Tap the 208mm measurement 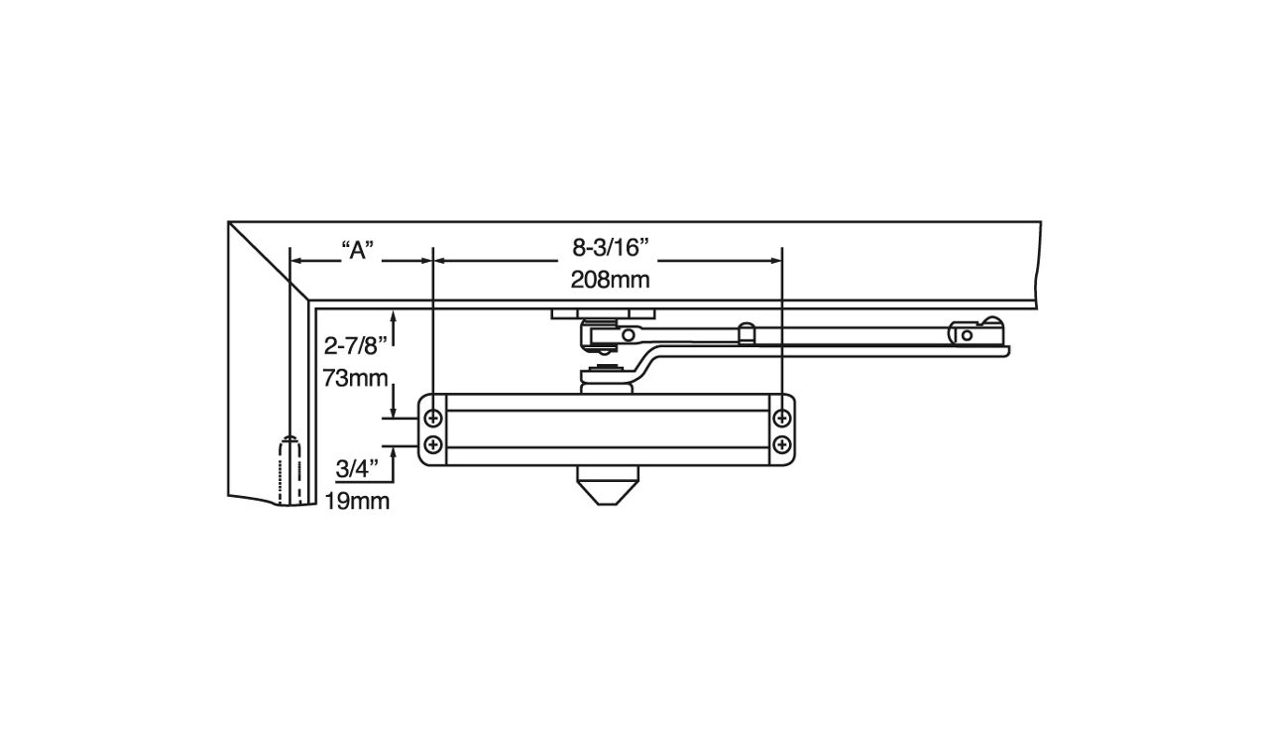click(x=610, y=280)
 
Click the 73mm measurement click(x=349, y=378)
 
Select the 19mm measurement click(x=357, y=501)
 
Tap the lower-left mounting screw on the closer click(x=433, y=443)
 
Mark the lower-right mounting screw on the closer click(x=782, y=443)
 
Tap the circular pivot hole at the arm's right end click(x=967, y=335)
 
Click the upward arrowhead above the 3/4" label click(x=396, y=452)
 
